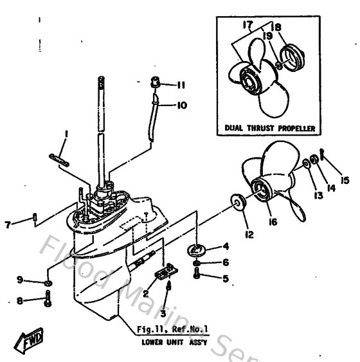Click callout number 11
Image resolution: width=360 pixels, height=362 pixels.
tap(182, 84)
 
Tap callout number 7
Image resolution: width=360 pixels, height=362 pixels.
tap(7, 224)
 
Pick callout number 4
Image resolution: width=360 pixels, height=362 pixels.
tap(226, 246)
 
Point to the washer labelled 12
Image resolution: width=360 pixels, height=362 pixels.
tap(237, 204)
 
